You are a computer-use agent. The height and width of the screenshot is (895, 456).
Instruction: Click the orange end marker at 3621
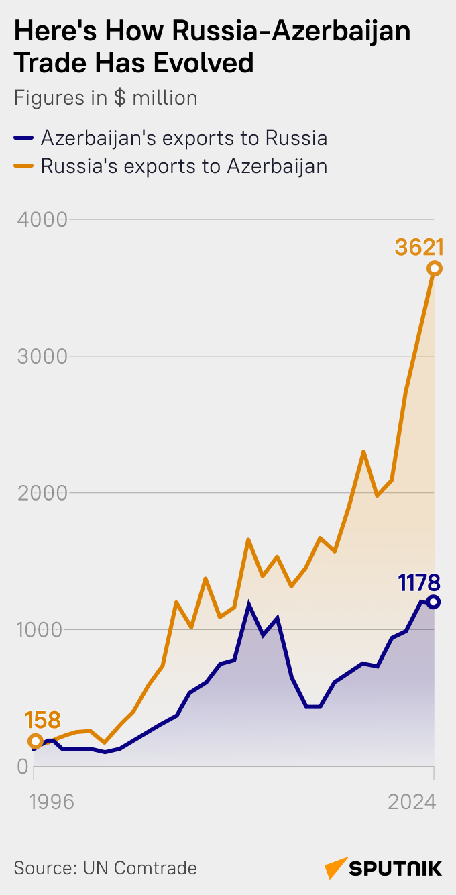coord(434,269)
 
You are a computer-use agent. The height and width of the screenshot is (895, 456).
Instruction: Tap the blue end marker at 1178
coord(434,602)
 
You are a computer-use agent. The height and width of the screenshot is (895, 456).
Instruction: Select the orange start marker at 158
coord(36,741)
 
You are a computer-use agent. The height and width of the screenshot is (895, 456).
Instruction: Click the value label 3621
coord(419,248)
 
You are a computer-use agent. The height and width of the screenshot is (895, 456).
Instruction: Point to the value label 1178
coord(419,582)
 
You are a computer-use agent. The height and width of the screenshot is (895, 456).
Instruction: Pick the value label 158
coord(43,721)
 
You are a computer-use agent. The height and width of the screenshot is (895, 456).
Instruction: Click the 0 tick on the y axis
coord(22,767)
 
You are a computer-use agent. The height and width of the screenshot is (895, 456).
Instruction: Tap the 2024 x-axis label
coord(412,802)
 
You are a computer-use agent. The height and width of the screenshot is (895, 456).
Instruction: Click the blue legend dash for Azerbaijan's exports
coord(23,138)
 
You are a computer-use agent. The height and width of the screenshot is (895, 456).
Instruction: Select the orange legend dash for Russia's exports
coord(23,166)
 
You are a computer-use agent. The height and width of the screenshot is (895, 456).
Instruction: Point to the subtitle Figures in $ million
coord(105,98)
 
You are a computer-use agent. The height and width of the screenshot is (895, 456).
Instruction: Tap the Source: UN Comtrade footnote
coord(105,867)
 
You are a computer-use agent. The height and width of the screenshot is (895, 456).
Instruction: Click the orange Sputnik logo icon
coord(336,867)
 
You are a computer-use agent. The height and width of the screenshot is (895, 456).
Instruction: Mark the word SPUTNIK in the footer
coord(396,869)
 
